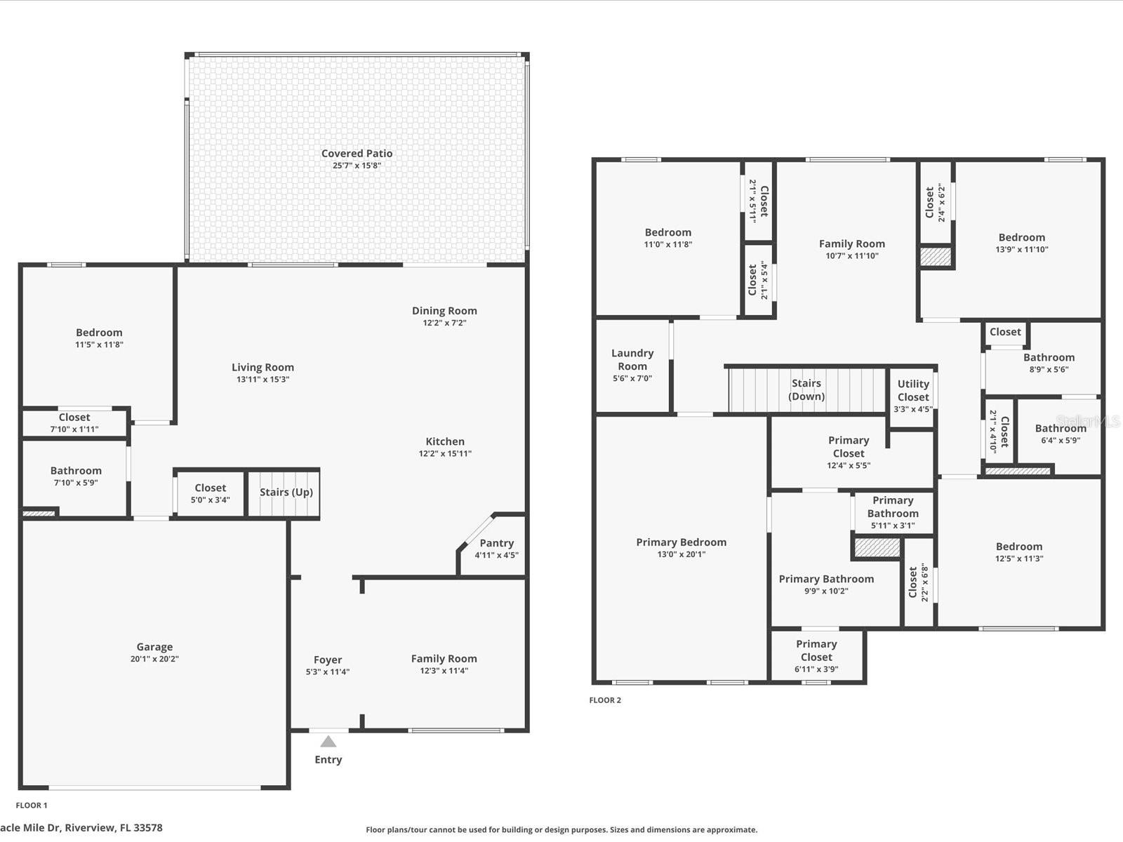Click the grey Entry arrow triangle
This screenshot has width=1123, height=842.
[x=328, y=741]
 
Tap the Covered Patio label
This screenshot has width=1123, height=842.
[x=357, y=154]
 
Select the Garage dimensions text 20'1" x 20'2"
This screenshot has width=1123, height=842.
[x=154, y=659]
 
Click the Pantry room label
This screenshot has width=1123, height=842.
[x=497, y=543]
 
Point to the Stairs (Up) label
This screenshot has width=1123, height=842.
[x=286, y=493]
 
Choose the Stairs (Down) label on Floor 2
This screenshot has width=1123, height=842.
[x=806, y=389]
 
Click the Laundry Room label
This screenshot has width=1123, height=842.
[x=632, y=359]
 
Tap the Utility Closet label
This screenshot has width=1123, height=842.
[x=913, y=391]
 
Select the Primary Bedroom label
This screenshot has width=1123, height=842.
[x=682, y=542]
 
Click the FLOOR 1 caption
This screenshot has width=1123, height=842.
[x=32, y=806]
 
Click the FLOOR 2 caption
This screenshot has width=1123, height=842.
[x=605, y=700]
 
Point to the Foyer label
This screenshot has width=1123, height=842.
[x=328, y=660]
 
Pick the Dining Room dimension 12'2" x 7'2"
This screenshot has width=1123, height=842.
[x=444, y=323]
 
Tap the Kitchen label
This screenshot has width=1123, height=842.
[x=445, y=441]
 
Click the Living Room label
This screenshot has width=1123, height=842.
[x=263, y=367]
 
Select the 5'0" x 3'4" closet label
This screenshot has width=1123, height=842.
[x=211, y=500]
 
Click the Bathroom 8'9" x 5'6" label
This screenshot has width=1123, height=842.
[x=1049, y=363]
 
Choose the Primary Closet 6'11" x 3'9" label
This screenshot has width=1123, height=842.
[x=816, y=657]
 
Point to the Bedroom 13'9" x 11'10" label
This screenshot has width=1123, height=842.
[x=1022, y=243]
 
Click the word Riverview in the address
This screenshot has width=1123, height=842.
[x=90, y=828]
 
